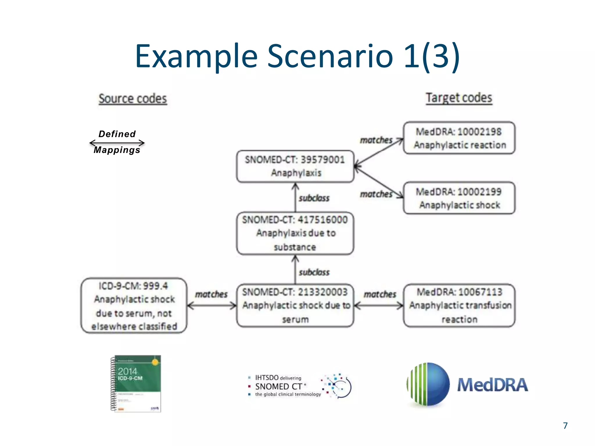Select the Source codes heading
coord(133,99)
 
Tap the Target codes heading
coord(459,98)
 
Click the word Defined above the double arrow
coord(117,134)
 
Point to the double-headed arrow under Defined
coord(117,143)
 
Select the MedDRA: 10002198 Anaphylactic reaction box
coord(459,138)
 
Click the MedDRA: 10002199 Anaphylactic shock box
coord(459,198)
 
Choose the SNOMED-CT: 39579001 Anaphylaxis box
coord(295,166)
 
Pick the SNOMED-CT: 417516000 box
coord(295,233)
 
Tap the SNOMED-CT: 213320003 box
coord(295,305)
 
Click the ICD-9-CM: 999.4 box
coord(134,305)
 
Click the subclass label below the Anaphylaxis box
coord(314,198)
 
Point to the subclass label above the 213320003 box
coord(314,272)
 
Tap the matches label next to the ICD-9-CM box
coord(211,294)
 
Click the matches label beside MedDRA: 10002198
coord(376,140)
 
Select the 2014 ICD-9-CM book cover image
coord(136,383)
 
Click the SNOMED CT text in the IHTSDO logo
coord(279,386)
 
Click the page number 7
coord(565,426)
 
